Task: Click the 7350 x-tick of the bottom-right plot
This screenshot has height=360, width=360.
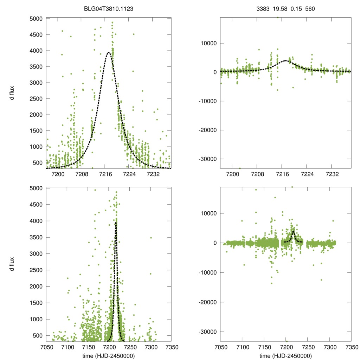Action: pos(351,347)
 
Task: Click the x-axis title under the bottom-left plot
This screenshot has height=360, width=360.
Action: pos(109,356)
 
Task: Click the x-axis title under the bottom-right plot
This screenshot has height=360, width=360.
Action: pos(285,356)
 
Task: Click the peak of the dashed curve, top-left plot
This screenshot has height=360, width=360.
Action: pos(109,52)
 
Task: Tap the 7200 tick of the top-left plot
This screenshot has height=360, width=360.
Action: pos(58,174)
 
